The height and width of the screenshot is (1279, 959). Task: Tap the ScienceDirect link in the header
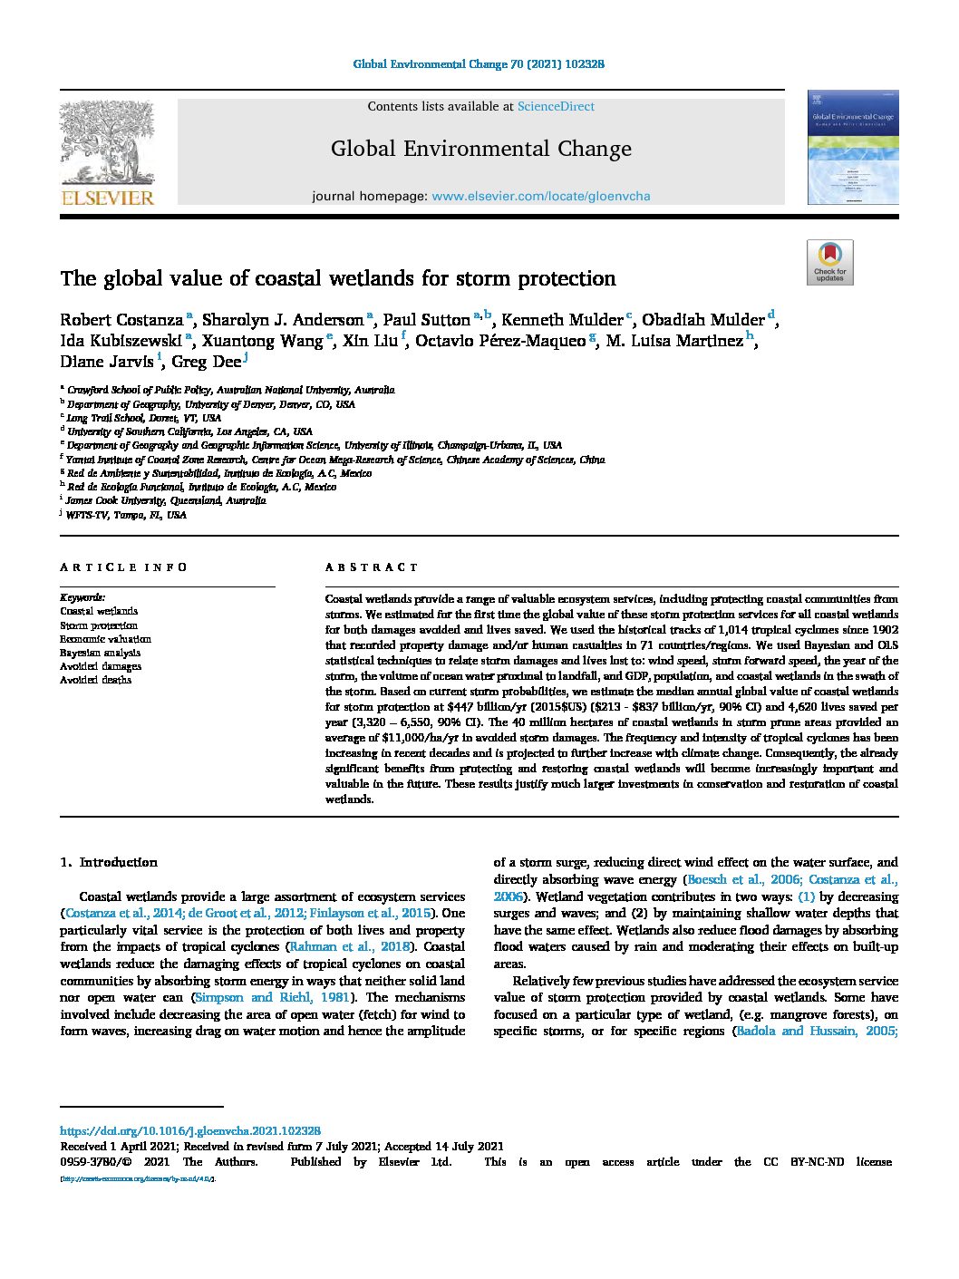[556, 106]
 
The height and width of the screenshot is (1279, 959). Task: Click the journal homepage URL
[540, 196]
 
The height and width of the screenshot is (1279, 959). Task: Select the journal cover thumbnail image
[852, 147]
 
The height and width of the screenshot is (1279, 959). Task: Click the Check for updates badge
[829, 262]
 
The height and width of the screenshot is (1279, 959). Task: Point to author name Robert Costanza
[121, 320]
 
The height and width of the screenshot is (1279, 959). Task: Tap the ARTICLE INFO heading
[123, 567]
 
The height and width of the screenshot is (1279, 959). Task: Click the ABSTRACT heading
[372, 567]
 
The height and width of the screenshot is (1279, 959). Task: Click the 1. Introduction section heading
[109, 862]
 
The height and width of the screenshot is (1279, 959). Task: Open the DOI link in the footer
[189, 1131]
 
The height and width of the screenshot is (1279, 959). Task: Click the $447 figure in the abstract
[465, 707]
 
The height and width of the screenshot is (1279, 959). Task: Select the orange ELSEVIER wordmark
[107, 198]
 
